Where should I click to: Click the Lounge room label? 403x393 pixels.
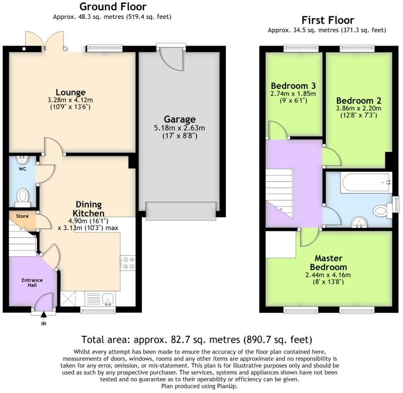pos(71,92)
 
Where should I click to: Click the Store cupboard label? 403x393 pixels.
pos(22,216)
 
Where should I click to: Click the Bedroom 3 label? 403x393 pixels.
pos(293,86)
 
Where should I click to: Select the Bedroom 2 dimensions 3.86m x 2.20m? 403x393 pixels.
pos(358,108)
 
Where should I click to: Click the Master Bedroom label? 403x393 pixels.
pos(328,262)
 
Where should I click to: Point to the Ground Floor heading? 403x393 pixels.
pos(112,7)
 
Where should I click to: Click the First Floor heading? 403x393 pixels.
pos(327,20)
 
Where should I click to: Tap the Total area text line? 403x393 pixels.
pos(197,340)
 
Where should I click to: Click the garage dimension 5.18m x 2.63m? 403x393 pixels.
pos(179,128)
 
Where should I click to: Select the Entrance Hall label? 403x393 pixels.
pos(32,282)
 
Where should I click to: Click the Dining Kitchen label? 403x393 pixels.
pos(88,209)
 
